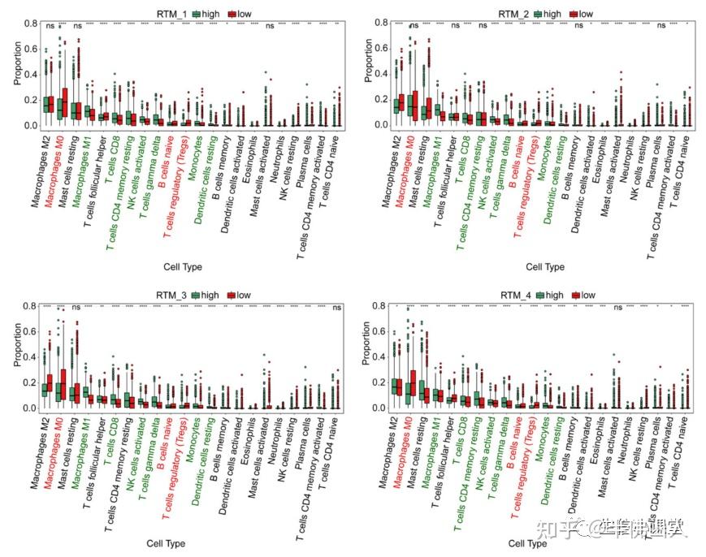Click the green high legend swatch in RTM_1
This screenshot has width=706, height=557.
coord(197,14)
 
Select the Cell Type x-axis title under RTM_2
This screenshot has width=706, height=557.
coord(544,266)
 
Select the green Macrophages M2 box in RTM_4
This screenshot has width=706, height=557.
coord(396,386)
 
